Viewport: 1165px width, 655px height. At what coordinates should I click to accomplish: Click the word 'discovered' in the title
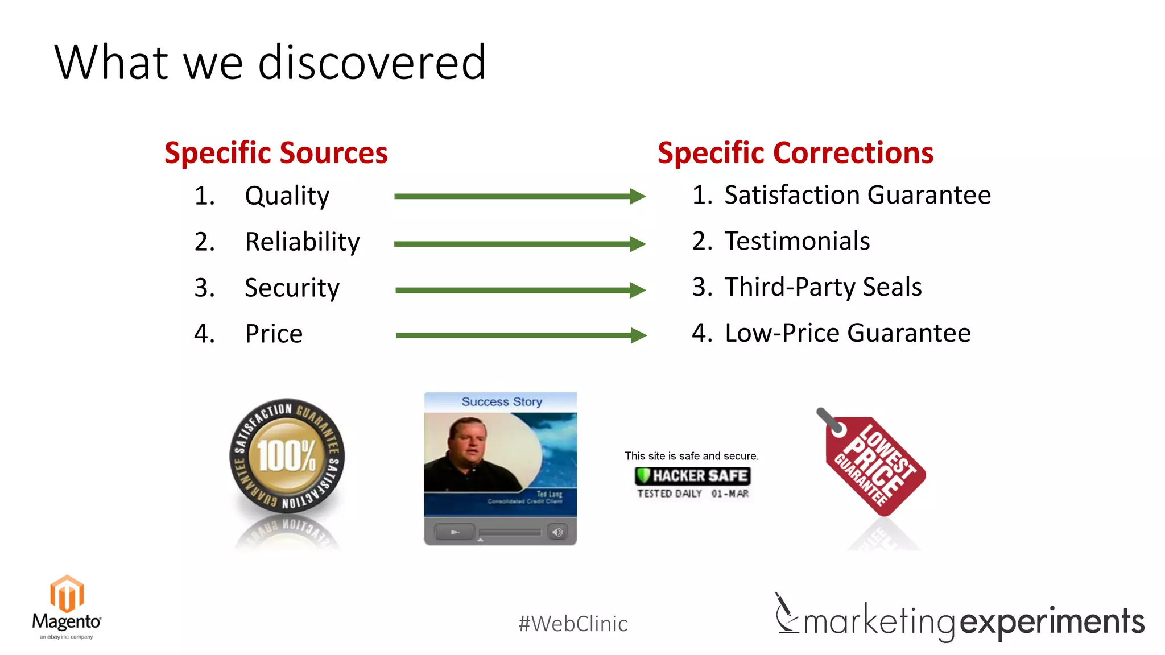point(371,63)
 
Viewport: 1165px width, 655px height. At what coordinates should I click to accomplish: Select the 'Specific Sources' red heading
point(276,153)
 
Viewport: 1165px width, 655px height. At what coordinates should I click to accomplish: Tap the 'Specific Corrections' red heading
point(795,153)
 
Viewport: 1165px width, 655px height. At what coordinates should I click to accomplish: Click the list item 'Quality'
point(287,196)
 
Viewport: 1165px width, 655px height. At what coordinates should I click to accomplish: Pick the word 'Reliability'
point(302,242)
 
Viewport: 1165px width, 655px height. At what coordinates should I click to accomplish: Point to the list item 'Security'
point(292,288)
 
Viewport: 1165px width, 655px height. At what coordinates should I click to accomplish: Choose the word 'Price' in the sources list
point(274,334)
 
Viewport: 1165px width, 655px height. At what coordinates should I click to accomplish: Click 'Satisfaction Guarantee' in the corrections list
point(857,195)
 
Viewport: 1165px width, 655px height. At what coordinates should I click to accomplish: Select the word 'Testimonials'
point(796,241)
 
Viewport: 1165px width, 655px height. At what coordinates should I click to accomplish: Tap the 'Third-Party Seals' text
point(823,287)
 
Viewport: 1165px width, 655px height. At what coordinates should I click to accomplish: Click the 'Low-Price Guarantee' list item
point(847,333)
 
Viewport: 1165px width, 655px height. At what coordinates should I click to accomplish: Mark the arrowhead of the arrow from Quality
point(638,196)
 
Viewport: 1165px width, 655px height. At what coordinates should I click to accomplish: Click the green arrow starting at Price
point(512,335)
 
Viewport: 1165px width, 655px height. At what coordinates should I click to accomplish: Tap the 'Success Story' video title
point(501,401)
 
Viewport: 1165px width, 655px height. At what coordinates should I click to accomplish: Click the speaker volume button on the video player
point(557,532)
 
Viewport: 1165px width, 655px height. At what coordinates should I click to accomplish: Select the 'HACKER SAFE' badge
point(692,476)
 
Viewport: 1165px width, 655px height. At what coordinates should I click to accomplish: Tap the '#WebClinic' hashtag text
point(572,624)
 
